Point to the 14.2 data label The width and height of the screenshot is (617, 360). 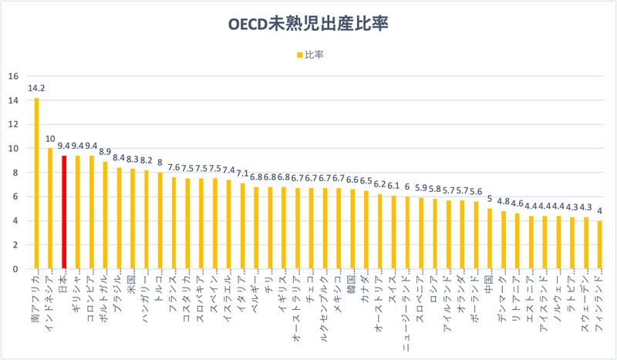[x=36, y=88]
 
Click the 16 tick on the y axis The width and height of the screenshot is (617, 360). [x=12, y=76]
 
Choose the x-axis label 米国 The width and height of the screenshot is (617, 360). [x=133, y=283]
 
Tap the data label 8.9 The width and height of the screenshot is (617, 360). [x=105, y=152]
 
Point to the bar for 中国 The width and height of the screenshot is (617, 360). [x=489, y=239]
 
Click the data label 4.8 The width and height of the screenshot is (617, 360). [x=502, y=201]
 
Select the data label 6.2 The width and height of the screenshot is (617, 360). [x=380, y=184]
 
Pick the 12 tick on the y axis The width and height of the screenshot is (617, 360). [x=12, y=124]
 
